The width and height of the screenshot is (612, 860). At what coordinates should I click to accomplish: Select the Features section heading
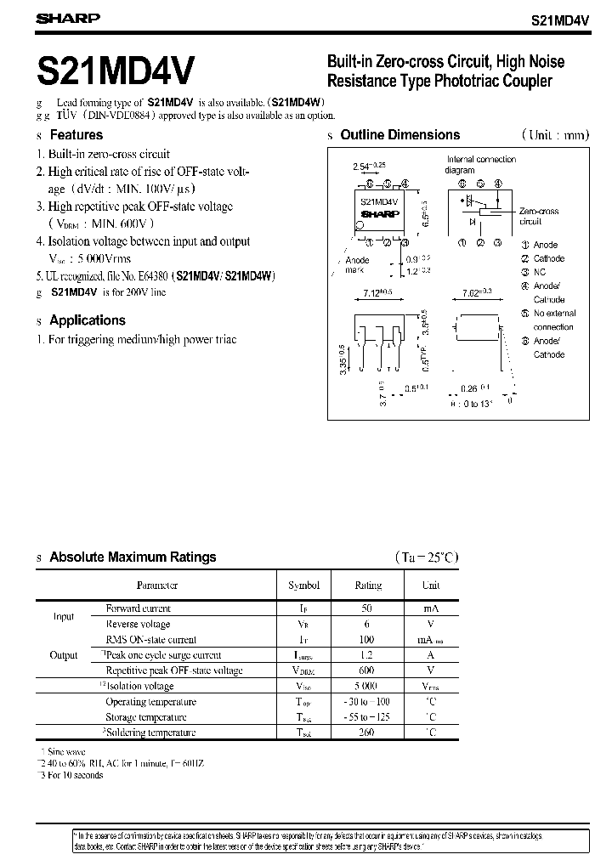point(76,134)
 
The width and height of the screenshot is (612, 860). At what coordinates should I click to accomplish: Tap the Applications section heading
point(87,320)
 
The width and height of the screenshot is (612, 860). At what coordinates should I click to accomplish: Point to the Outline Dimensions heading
point(399,134)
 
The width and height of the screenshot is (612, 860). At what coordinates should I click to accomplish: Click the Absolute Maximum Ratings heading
point(133,557)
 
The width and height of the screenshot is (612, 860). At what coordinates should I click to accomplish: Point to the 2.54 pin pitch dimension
point(366,167)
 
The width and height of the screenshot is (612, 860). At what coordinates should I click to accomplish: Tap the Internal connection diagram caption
point(481,164)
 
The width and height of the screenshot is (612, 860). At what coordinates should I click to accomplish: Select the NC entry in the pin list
point(540,272)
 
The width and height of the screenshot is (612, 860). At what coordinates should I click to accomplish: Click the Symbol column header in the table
point(303,586)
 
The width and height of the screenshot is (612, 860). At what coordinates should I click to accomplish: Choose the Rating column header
point(368,586)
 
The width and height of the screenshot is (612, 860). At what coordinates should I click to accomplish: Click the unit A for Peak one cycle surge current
point(431,655)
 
